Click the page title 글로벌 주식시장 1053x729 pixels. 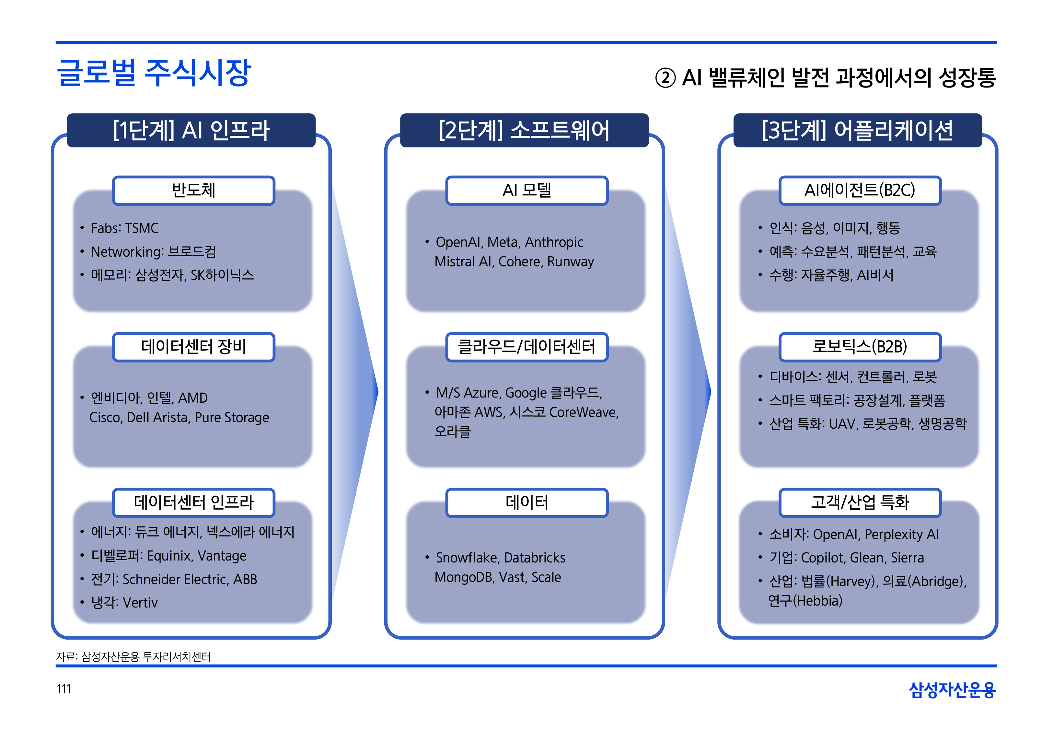coord(154,73)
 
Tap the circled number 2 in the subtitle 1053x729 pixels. coord(665,78)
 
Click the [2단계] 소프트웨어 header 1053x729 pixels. coord(524,130)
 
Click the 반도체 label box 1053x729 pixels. coord(194,191)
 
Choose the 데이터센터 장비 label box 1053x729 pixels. coord(194,347)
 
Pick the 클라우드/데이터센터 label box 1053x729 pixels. coord(526,347)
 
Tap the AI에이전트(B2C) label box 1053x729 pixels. coord(860,191)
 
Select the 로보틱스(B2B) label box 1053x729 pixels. coord(860,347)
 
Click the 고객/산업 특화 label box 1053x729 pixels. coord(860,503)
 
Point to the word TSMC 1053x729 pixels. coord(142,228)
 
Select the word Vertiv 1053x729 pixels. coord(140,603)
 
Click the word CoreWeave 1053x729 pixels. coord(583,412)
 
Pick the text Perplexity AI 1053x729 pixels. coord(901,534)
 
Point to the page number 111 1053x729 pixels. coord(64,689)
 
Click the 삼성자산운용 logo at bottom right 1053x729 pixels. coord(952,690)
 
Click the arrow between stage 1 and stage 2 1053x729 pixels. coord(356,392)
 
